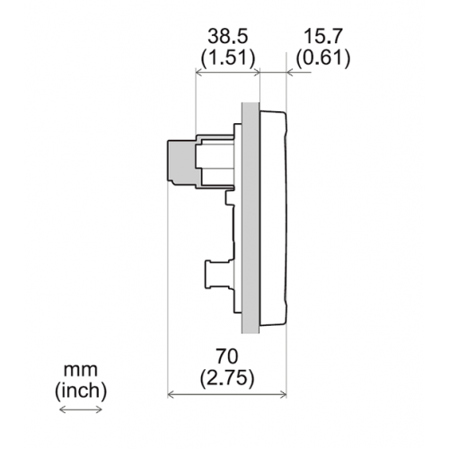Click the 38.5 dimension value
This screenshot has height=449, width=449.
coord(228,36)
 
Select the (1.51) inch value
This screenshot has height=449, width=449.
coord(228,57)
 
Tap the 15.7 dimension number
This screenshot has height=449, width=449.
coord(322,36)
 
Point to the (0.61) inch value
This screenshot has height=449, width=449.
coord(323,57)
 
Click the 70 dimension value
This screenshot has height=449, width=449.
coord(227,357)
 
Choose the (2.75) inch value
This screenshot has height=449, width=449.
coord(227,378)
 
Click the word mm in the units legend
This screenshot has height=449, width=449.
coord(81,371)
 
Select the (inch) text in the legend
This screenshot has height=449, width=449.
coord(81,391)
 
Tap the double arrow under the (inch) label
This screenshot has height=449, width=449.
coord(81,409)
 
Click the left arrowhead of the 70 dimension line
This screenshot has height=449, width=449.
coord(170,395)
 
